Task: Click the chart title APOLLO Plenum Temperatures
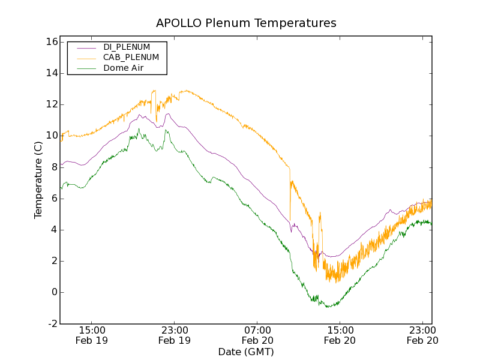pyautogui.click(x=246, y=23)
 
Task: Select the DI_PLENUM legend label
pyautogui.click(x=127, y=47)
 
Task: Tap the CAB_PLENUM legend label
pyautogui.click(x=131, y=58)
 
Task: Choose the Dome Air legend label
pyautogui.click(x=123, y=68)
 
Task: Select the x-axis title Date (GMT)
pyautogui.click(x=246, y=352)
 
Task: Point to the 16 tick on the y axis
pyautogui.click(x=50, y=42)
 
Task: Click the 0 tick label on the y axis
pyautogui.click(x=53, y=292)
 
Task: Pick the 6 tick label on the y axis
pyautogui.click(x=53, y=199)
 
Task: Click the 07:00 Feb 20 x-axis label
pyautogui.click(x=257, y=335)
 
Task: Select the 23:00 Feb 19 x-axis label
pyautogui.click(x=175, y=335)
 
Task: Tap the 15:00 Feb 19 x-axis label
pyautogui.click(x=92, y=335)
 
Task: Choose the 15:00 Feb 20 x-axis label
pyautogui.click(x=340, y=335)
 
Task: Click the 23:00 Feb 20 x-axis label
pyautogui.click(x=422, y=335)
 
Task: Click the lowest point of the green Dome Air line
pyautogui.click(x=328, y=307)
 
